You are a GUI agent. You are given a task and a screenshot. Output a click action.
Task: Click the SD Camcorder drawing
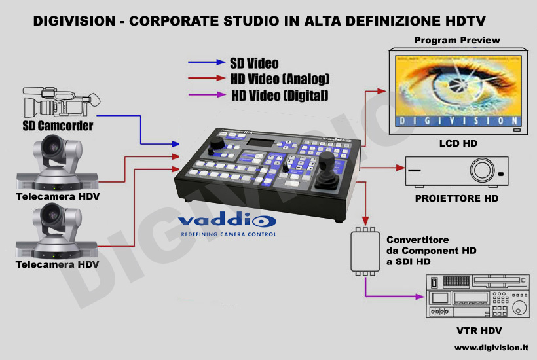point(62,102)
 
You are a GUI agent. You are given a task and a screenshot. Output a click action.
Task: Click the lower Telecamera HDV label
point(57,264)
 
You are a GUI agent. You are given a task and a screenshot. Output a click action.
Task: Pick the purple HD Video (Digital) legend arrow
point(207,94)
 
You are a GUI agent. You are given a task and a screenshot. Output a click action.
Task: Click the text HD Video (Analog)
point(280,79)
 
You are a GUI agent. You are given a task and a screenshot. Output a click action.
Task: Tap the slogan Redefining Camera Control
point(229,234)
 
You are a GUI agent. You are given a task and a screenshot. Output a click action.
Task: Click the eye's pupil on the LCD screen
point(456,83)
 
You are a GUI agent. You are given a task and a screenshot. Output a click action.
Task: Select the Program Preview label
point(457,40)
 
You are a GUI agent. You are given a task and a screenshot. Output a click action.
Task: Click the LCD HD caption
point(458,143)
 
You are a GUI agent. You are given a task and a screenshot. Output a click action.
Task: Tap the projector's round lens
point(482,170)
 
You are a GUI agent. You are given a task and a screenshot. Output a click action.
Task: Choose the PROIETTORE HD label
point(456,198)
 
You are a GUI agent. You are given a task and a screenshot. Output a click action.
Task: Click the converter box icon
point(365,251)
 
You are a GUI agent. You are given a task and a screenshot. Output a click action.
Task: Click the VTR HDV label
point(479,331)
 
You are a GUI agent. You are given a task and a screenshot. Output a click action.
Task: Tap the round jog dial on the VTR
point(519,308)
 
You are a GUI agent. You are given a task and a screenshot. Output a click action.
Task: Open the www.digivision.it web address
point(491,348)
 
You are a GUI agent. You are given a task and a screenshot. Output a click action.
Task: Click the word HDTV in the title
point(466,21)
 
